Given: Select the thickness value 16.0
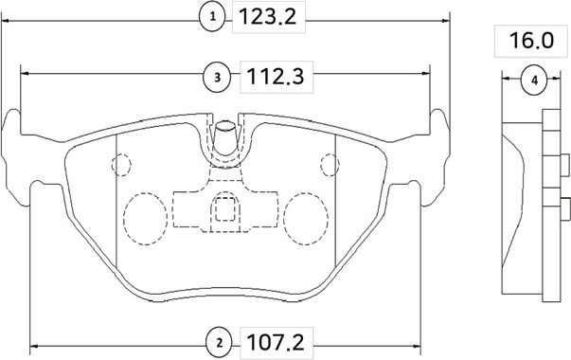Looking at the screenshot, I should point(530,43).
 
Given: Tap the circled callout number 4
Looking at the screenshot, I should point(534,81).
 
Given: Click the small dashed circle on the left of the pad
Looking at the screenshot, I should point(120,165).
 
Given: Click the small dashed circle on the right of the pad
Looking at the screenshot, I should point(330,165).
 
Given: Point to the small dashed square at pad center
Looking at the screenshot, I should point(224,207).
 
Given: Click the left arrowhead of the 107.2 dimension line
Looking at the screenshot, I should point(36,344).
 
